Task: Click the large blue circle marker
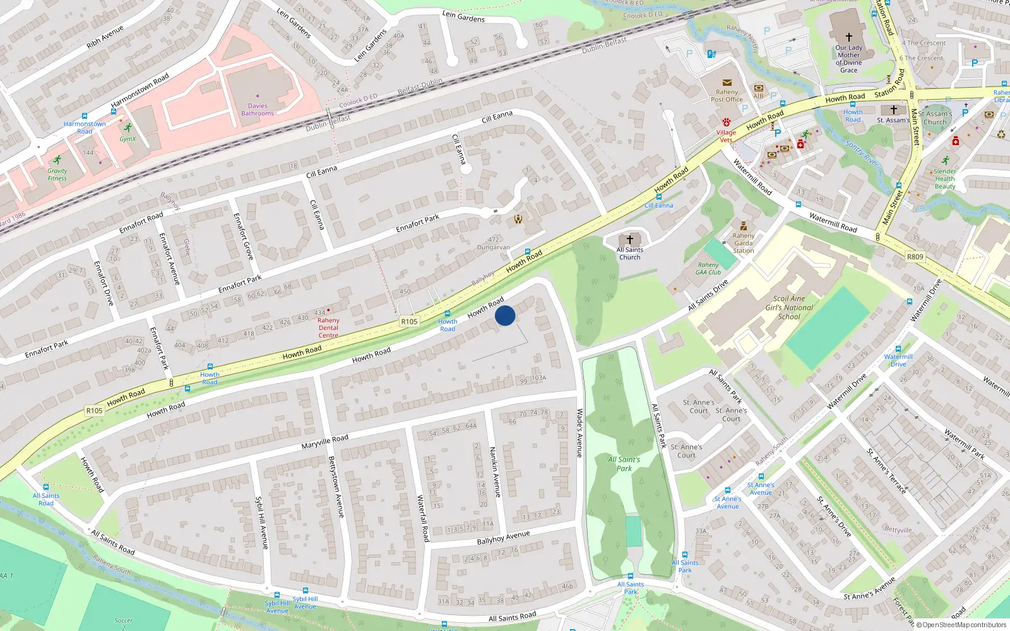(505, 315)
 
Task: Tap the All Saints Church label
(629, 254)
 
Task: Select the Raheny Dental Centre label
(328, 328)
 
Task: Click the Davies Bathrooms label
(258, 110)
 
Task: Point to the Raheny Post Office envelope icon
(727, 83)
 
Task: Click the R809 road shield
(915, 257)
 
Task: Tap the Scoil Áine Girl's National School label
(789, 308)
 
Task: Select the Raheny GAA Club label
(708, 269)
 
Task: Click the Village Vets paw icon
(727, 122)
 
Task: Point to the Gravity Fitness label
(57, 175)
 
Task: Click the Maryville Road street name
(324, 441)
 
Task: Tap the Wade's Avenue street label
(579, 433)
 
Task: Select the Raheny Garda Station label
(744, 243)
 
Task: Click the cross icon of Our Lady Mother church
(849, 37)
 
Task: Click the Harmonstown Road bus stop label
(85, 127)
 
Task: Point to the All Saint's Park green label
(624, 464)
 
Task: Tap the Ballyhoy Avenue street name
(503, 538)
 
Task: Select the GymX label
(128, 139)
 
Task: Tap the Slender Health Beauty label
(945, 179)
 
